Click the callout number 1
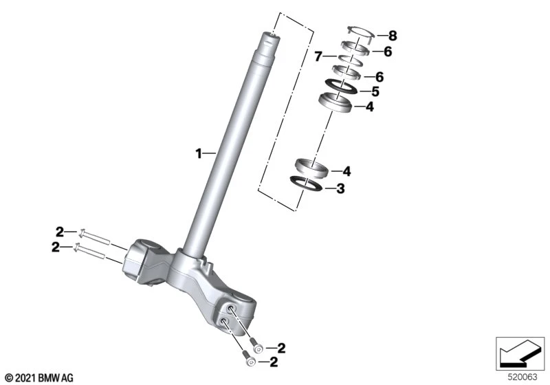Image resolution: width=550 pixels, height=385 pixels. (x=199, y=153)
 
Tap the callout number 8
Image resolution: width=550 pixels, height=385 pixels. (x=393, y=36)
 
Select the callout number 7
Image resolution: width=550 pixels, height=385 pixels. (x=318, y=56)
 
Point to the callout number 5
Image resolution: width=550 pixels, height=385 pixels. (x=375, y=91)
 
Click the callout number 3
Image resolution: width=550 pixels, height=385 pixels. (x=340, y=188)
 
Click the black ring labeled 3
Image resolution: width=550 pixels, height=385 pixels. (x=306, y=184)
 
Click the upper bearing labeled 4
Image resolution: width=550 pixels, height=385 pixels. (x=335, y=102)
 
